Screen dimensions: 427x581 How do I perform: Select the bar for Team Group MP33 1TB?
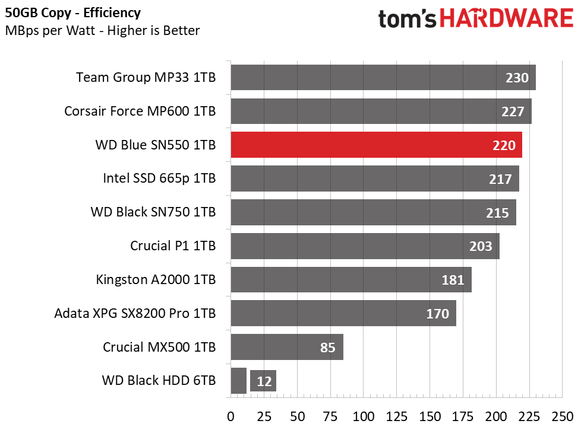click(x=368, y=78)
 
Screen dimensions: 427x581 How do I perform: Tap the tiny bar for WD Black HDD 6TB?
click(x=238, y=381)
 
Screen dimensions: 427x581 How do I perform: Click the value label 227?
click(x=512, y=111)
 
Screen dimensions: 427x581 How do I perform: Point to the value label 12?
click(x=264, y=381)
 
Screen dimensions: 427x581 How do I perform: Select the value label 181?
click(x=453, y=280)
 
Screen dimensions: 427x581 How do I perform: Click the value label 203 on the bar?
click(x=481, y=246)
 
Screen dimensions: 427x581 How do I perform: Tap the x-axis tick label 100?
click(x=364, y=415)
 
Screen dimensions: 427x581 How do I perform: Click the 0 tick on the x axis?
click(x=231, y=415)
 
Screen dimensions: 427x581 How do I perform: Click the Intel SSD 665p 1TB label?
click(x=159, y=179)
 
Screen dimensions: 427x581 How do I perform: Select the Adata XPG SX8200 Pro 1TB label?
click(x=135, y=313)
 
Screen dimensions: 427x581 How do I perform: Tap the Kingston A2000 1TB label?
click(x=156, y=279)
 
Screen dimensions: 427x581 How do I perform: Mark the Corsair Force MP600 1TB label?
click(x=140, y=111)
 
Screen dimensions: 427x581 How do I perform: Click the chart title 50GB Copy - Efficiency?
click(x=73, y=12)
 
